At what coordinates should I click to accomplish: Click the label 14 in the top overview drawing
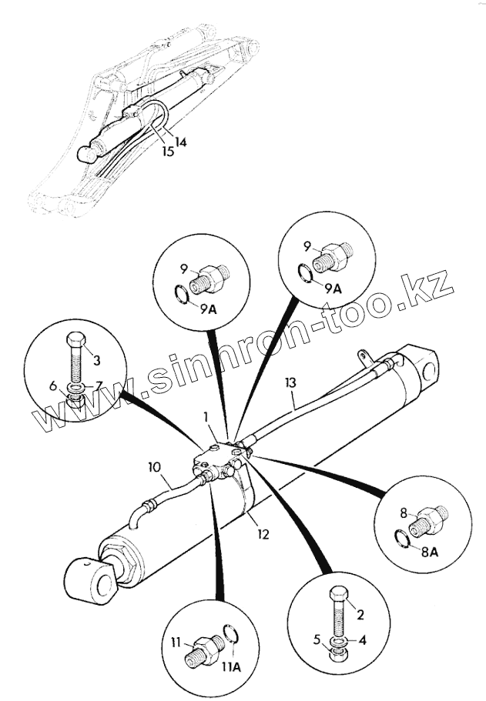(180, 142)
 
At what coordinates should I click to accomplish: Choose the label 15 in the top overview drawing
(168, 152)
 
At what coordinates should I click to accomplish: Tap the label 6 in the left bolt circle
(54, 386)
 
